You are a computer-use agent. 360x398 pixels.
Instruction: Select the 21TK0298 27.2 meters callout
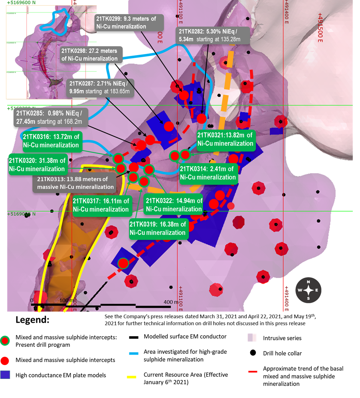point(90,55)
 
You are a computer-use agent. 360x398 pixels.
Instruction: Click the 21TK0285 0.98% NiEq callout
point(50,118)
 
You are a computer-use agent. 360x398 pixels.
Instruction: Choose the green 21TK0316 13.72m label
point(52,141)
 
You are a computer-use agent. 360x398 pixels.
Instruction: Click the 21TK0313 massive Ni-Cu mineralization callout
point(78,183)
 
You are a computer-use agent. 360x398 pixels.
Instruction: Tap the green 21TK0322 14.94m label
point(174,205)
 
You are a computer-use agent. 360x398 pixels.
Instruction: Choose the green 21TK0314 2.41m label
point(208,173)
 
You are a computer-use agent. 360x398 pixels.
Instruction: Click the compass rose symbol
point(308,290)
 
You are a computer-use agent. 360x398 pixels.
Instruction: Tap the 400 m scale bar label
point(171,302)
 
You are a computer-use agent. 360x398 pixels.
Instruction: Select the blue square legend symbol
point(5,375)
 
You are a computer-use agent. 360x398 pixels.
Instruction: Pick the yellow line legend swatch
point(131,377)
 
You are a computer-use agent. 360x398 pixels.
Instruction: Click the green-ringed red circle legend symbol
point(5,340)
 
